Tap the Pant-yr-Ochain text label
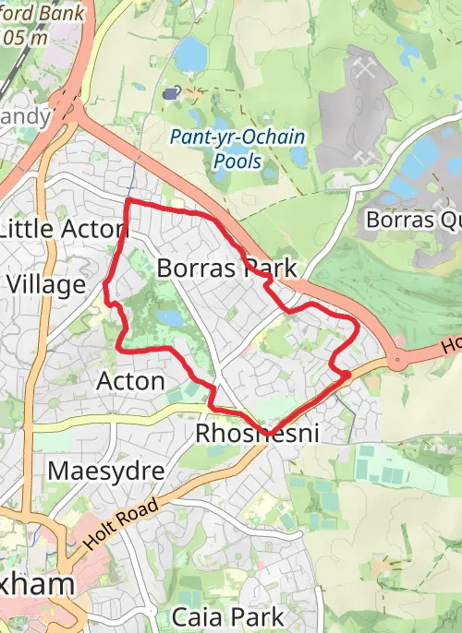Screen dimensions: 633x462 pyautogui.click(x=238, y=137)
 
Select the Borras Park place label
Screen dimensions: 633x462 pyautogui.click(x=227, y=269)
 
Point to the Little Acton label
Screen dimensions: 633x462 pyautogui.click(x=62, y=229)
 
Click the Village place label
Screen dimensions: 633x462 pyautogui.click(x=45, y=284)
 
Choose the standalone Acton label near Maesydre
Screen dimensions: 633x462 pyautogui.click(x=130, y=380)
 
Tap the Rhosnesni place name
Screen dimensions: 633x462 pyautogui.click(x=257, y=433)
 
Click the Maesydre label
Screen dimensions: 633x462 pyautogui.click(x=105, y=472)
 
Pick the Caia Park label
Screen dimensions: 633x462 pyautogui.click(x=227, y=615)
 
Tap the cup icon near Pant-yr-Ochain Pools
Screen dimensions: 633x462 pyautogui.click(x=171, y=92)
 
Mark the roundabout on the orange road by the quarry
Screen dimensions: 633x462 pyautogui.click(x=398, y=359)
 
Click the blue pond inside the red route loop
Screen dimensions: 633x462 pyautogui.click(x=169, y=317)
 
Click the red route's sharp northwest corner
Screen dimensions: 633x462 pyautogui.click(x=127, y=200)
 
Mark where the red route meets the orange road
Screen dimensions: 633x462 pyautogui.click(x=346, y=375)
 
